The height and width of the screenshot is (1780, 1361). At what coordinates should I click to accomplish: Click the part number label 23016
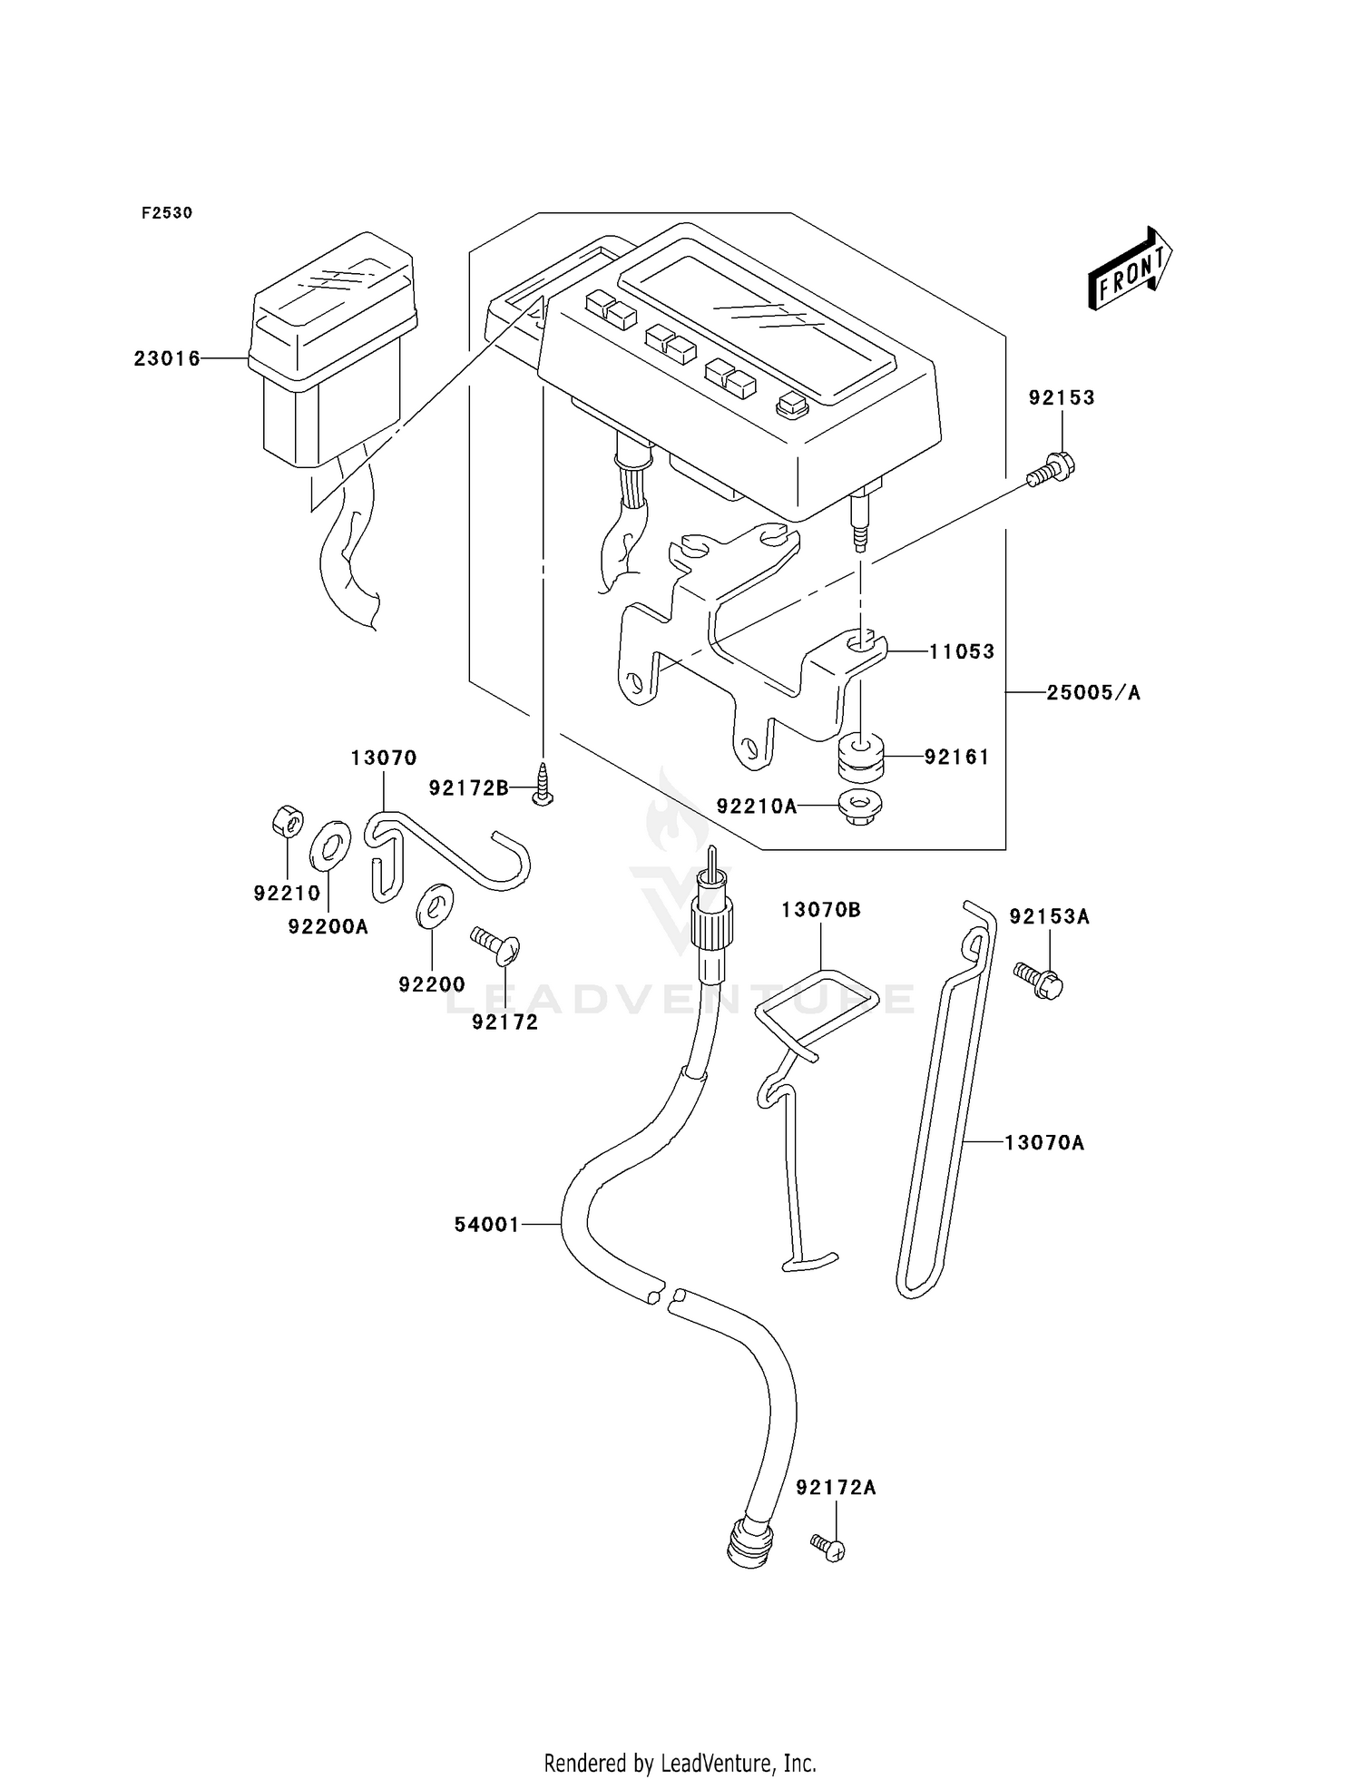click(167, 359)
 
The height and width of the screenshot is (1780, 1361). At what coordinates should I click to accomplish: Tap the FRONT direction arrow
click(1131, 269)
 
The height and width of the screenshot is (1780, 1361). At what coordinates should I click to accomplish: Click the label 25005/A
click(1093, 693)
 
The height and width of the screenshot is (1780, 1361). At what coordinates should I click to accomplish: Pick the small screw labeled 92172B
click(543, 783)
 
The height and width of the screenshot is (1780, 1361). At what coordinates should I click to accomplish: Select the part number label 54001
click(487, 1225)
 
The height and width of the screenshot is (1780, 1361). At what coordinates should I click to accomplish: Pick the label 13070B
click(821, 909)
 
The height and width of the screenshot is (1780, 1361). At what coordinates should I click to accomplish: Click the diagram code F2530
click(167, 213)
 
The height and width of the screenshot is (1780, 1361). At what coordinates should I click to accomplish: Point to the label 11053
click(962, 651)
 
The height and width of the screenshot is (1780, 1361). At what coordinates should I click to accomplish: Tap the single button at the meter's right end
click(791, 405)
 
